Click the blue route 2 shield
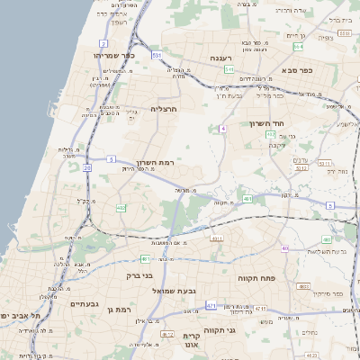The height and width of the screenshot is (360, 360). (103, 43)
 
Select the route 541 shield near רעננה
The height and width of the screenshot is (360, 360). (230, 68)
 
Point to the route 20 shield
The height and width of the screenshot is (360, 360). (87, 167)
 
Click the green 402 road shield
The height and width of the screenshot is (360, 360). (121, 208)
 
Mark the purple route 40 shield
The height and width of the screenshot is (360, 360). (285, 247)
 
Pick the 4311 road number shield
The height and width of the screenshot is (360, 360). (216, 238)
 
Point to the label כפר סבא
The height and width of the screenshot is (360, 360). (296, 68)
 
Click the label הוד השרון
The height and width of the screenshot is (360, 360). (267, 123)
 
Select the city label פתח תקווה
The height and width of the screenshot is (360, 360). (256, 278)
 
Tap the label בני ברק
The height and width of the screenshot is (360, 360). (162, 275)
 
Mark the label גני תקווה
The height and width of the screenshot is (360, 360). (243, 330)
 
